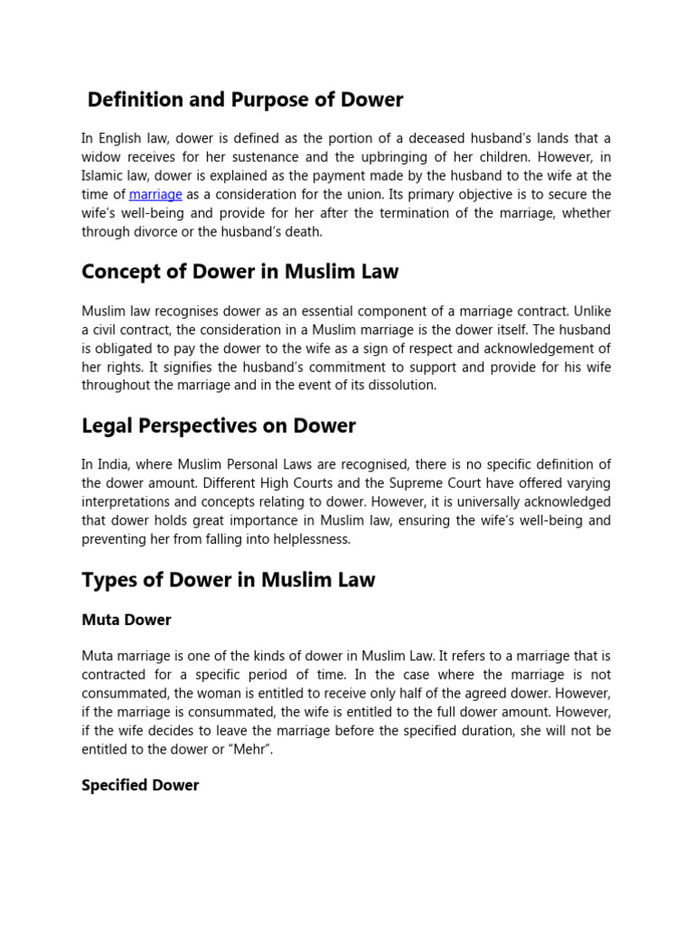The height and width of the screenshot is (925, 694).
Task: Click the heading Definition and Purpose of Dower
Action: point(245,99)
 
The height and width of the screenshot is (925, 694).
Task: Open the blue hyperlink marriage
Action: point(155,194)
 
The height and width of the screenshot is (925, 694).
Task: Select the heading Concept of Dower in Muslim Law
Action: point(239,271)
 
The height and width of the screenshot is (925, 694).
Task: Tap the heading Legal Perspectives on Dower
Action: point(219,425)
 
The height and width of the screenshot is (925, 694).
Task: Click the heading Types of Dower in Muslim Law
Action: point(228,579)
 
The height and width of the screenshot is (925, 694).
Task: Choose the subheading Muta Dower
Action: point(127,620)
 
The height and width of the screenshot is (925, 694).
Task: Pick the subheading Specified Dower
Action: point(140,785)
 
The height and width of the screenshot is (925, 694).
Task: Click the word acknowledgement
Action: point(523,349)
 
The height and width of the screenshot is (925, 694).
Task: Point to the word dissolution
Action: point(403,385)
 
